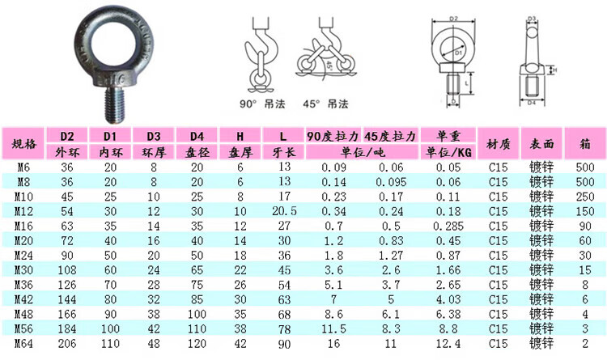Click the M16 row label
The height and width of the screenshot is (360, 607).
tap(23, 226)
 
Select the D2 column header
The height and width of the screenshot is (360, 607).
tap(67, 136)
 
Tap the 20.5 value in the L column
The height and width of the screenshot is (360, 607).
tap(284, 211)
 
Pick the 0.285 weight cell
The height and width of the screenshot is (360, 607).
tap(448, 226)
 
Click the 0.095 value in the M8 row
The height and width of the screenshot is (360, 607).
tap(391, 182)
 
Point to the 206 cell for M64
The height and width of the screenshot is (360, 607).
tap(67, 343)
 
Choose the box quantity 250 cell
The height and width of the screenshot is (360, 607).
tap(585, 197)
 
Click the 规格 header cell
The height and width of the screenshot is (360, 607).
tap(24, 144)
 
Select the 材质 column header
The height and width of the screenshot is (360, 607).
tap(499, 144)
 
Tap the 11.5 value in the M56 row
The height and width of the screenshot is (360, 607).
tap(333, 328)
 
